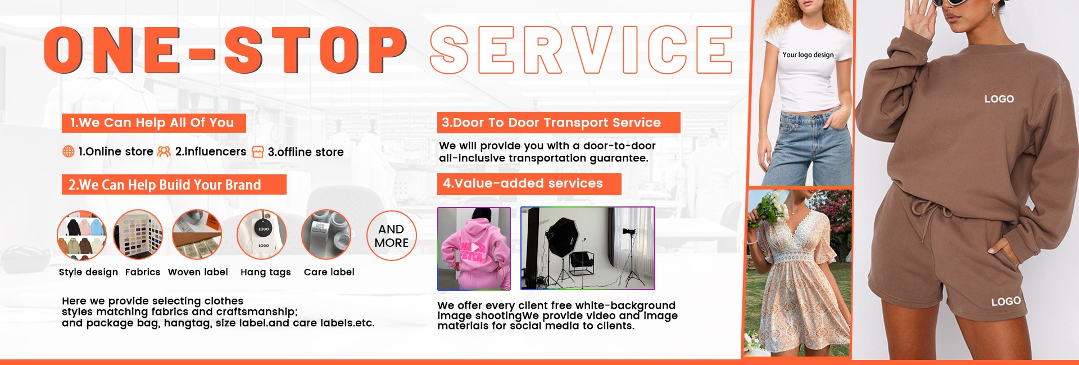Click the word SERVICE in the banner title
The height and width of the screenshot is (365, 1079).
tap(582, 49)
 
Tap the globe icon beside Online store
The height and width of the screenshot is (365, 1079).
tap(68, 151)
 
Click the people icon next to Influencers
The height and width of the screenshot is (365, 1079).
tap(164, 151)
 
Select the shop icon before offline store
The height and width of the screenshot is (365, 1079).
tap(258, 152)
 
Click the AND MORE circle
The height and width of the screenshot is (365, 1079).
tap(392, 236)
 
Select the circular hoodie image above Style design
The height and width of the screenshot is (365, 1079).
tap(82, 236)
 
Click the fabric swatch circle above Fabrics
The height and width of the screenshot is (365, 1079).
tap(138, 235)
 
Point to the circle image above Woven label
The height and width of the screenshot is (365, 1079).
tap(197, 235)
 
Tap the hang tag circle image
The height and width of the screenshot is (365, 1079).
tap(262, 235)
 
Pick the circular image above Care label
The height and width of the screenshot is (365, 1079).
tap(327, 235)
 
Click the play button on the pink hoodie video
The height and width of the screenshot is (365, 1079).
tap(475, 247)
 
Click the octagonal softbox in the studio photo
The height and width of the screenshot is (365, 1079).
tap(562, 236)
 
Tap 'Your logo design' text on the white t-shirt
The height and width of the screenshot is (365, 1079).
tap(808, 55)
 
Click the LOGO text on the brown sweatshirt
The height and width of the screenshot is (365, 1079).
tap(999, 99)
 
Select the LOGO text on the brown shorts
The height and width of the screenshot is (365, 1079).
tap(1006, 301)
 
